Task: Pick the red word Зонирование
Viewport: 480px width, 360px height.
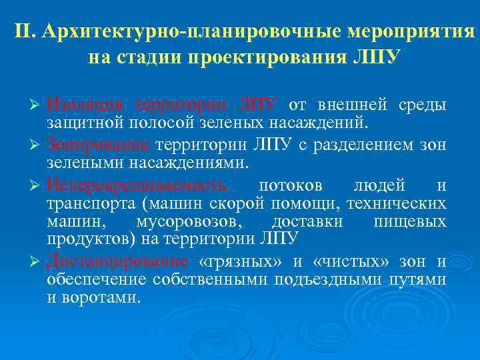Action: coord(99,146)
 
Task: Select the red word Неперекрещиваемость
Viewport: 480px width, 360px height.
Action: coord(137,185)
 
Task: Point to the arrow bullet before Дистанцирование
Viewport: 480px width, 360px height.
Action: coord(39,263)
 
